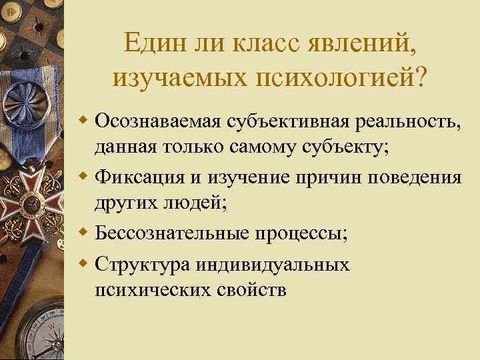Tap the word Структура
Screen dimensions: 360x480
click(x=138, y=264)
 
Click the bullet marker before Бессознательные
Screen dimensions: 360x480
click(x=83, y=235)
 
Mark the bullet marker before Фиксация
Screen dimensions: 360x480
click(x=83, y=178)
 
